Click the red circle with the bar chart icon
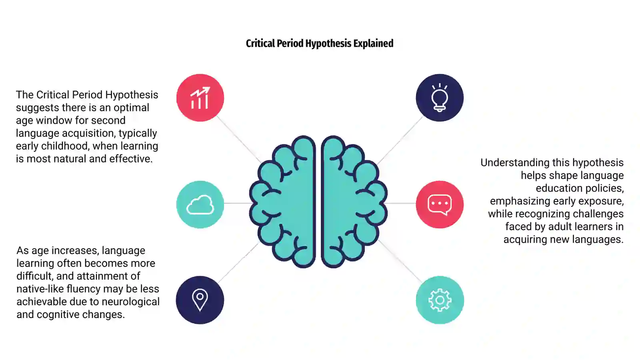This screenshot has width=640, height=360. (200, 98)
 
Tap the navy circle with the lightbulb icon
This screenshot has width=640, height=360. (440, 98)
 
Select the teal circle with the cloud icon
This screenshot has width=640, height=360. (200, 204)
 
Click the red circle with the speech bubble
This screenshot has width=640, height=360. (440, 204)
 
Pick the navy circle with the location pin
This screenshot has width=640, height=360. (200, 300)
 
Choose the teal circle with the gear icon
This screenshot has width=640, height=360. (440, 300)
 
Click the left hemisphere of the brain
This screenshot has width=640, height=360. (286, 202)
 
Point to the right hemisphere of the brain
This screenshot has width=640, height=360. (352, 202)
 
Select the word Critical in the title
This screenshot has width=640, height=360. (260, 44)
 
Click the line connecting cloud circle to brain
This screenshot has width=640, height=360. (237, 203)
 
